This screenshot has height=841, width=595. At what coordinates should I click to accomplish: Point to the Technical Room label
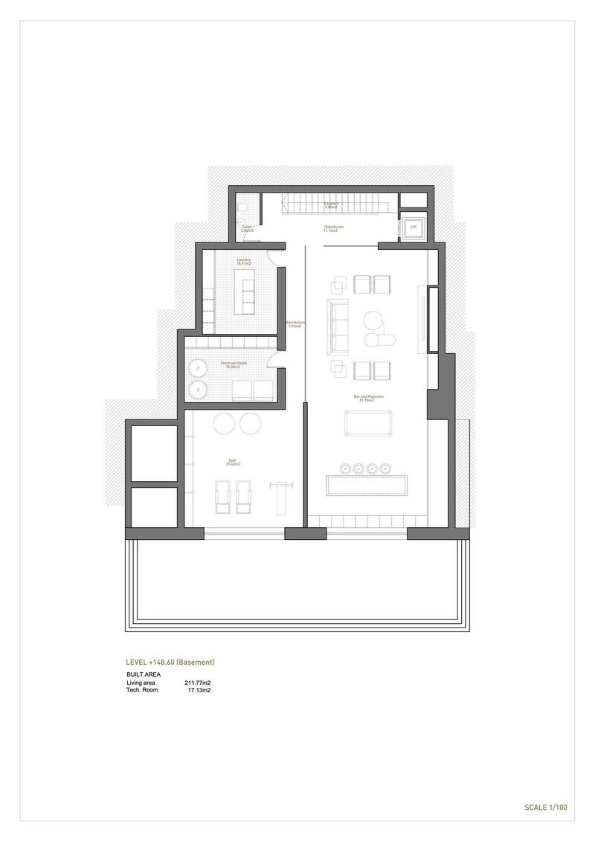click(234, 364)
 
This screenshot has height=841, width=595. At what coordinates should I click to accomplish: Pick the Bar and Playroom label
click(368, 398)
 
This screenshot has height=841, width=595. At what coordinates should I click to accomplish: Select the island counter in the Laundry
click(243, 291)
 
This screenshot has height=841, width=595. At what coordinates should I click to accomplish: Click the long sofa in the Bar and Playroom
click(338, 326)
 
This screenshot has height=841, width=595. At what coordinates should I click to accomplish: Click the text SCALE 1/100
click(546, 806)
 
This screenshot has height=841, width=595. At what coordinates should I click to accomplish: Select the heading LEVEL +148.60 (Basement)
click(170, 662)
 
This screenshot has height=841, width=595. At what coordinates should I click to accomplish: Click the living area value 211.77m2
click(197, 683)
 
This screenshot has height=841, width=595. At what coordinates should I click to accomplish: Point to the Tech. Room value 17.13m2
click(199, 691)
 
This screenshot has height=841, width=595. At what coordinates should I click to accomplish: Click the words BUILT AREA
click(143, 674)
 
